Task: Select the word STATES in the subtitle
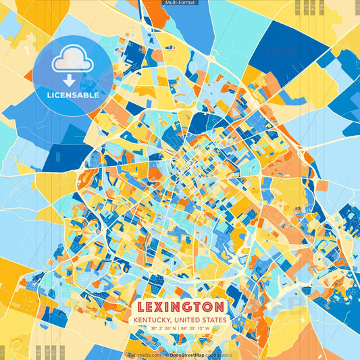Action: pos(217,319)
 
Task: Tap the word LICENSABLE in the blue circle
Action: pos(73,95)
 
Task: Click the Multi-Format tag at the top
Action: pos(180,3)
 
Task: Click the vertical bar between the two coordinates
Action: pos(180,329)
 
